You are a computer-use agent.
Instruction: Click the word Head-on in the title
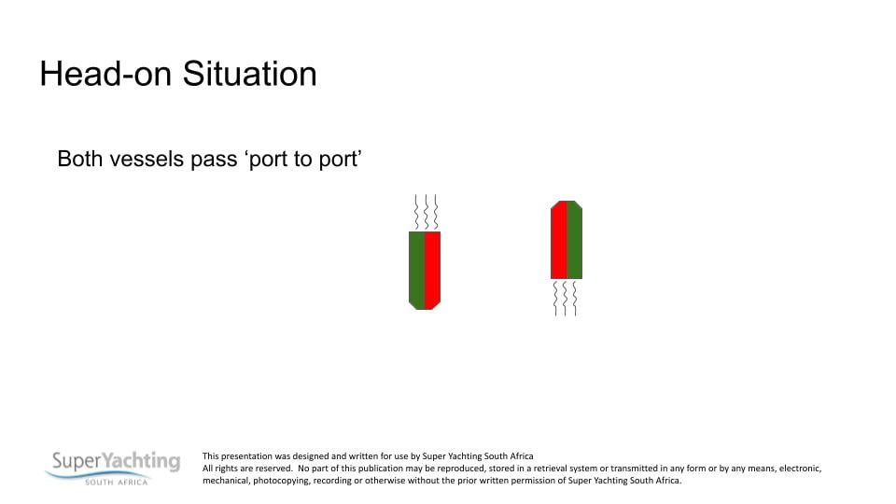pos(105,75)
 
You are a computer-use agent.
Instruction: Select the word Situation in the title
pos(250,75)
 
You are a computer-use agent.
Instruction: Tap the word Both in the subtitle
pos(80,159)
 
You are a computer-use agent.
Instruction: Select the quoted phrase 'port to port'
pos(303,160)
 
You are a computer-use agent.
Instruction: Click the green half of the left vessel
pos(416,271)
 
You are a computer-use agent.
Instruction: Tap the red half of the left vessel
pos(432,271)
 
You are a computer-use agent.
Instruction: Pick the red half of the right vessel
pos(559,240)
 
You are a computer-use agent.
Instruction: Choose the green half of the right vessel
pos(574,240)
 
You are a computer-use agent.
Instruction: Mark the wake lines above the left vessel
pos(426,212)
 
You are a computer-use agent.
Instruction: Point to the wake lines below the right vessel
pos(566,299)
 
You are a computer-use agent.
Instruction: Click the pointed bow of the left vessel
pos(425,306)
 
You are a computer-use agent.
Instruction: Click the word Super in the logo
pos(77,460)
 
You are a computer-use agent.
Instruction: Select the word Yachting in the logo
pos(141,460)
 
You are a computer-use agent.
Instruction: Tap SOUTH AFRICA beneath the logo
pos(117,483)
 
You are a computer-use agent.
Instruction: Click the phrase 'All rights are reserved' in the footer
pos(247,469)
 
